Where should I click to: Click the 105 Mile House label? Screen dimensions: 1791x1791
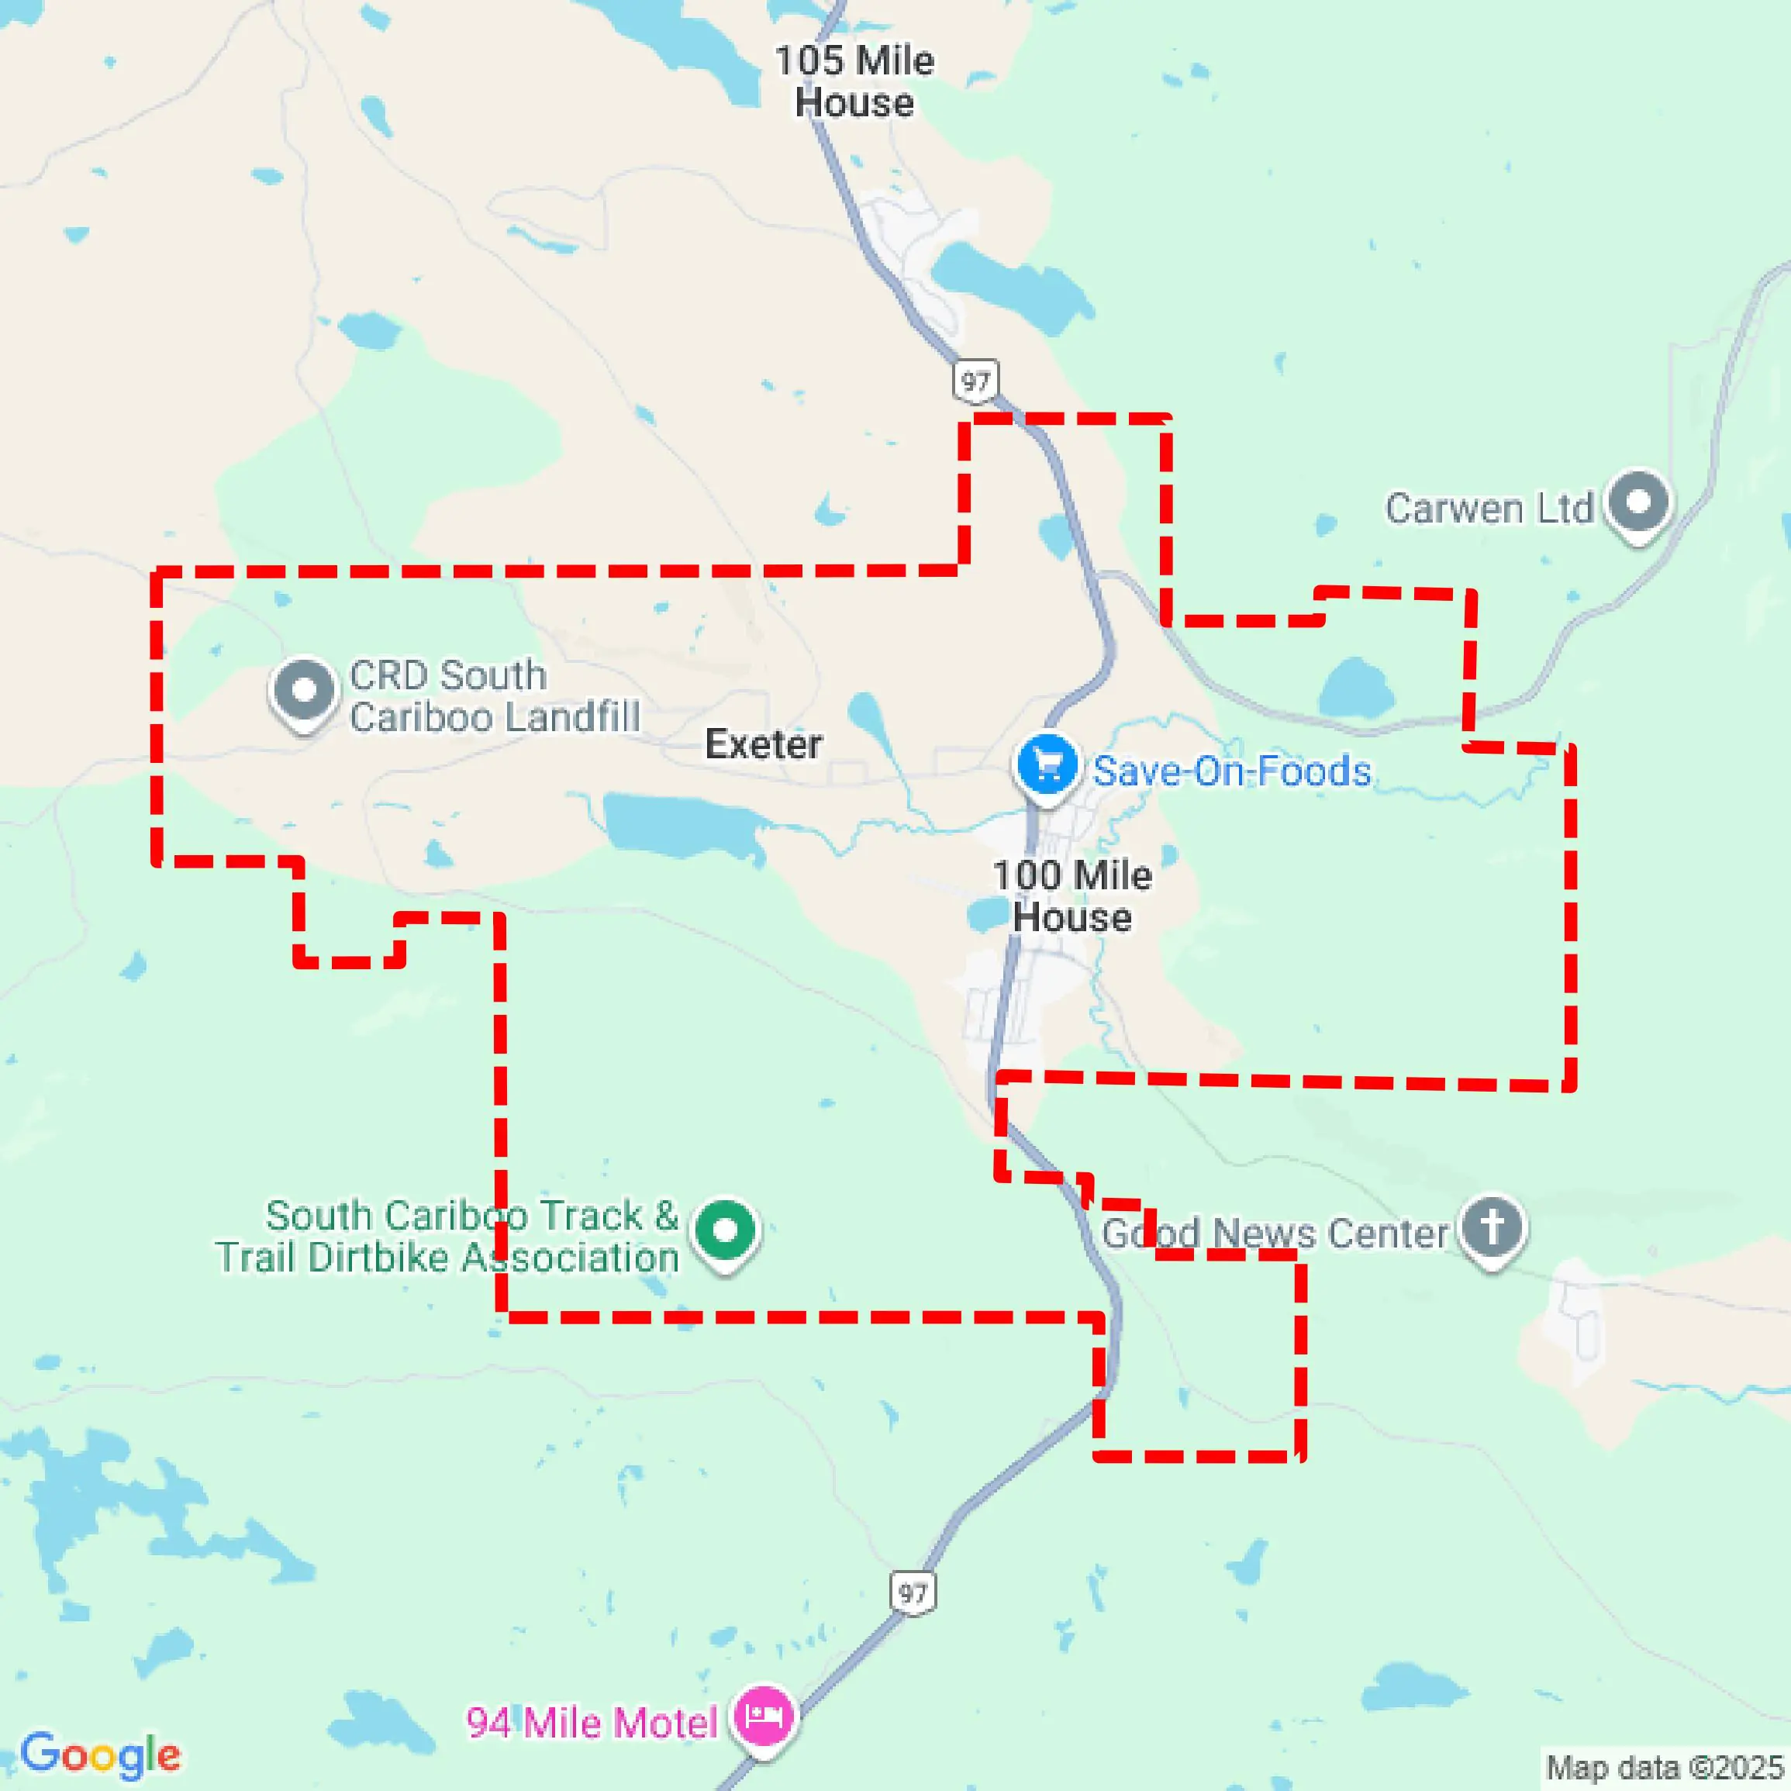(854, 81)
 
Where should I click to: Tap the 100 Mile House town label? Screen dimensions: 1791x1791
(1071, 895)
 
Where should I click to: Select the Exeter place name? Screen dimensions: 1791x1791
(763, 744)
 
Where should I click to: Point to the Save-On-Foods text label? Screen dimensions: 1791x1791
(1231, 771)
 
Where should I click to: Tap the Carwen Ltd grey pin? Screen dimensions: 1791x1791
(1638, 502)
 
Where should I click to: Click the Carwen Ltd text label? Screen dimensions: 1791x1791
(1488, 509)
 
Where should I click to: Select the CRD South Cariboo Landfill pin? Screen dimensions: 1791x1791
(303, 691)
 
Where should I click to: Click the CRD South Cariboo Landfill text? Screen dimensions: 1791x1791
(494, 696)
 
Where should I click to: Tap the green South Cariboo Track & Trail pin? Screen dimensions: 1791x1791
(725, 1231)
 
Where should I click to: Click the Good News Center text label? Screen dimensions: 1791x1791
(1275, 1234)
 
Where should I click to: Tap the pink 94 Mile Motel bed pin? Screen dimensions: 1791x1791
(762, 1717)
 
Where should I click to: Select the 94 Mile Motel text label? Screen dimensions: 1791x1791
(592, 1724)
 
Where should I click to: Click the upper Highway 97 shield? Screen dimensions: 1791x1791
(975, 381)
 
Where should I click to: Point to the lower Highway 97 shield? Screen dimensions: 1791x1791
(913, 1593)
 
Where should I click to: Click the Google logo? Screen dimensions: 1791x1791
(100, 1754)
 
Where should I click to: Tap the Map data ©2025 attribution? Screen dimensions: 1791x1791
(1664, 1768)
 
